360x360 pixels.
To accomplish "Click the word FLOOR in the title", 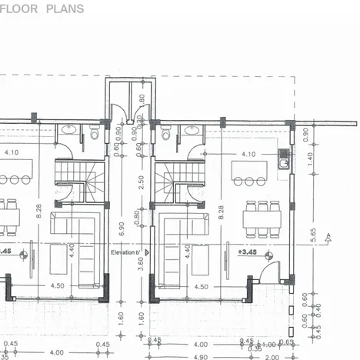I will pyautogui.click(x=28, y=9).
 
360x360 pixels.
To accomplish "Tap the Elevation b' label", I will pyautogui.click(x=125, y=252).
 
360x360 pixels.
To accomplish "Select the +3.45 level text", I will pyautogui.click(x=247, y=252).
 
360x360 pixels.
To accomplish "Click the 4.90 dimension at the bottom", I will pyautogui.click(x=200, y=356).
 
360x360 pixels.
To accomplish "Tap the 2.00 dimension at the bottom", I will pyautogui.click(x=272, y=356).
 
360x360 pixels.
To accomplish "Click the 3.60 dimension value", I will pyautogui.click(x=140, y=262).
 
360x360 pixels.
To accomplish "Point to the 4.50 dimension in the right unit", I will pyautogui.click(x=201, y=286).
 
